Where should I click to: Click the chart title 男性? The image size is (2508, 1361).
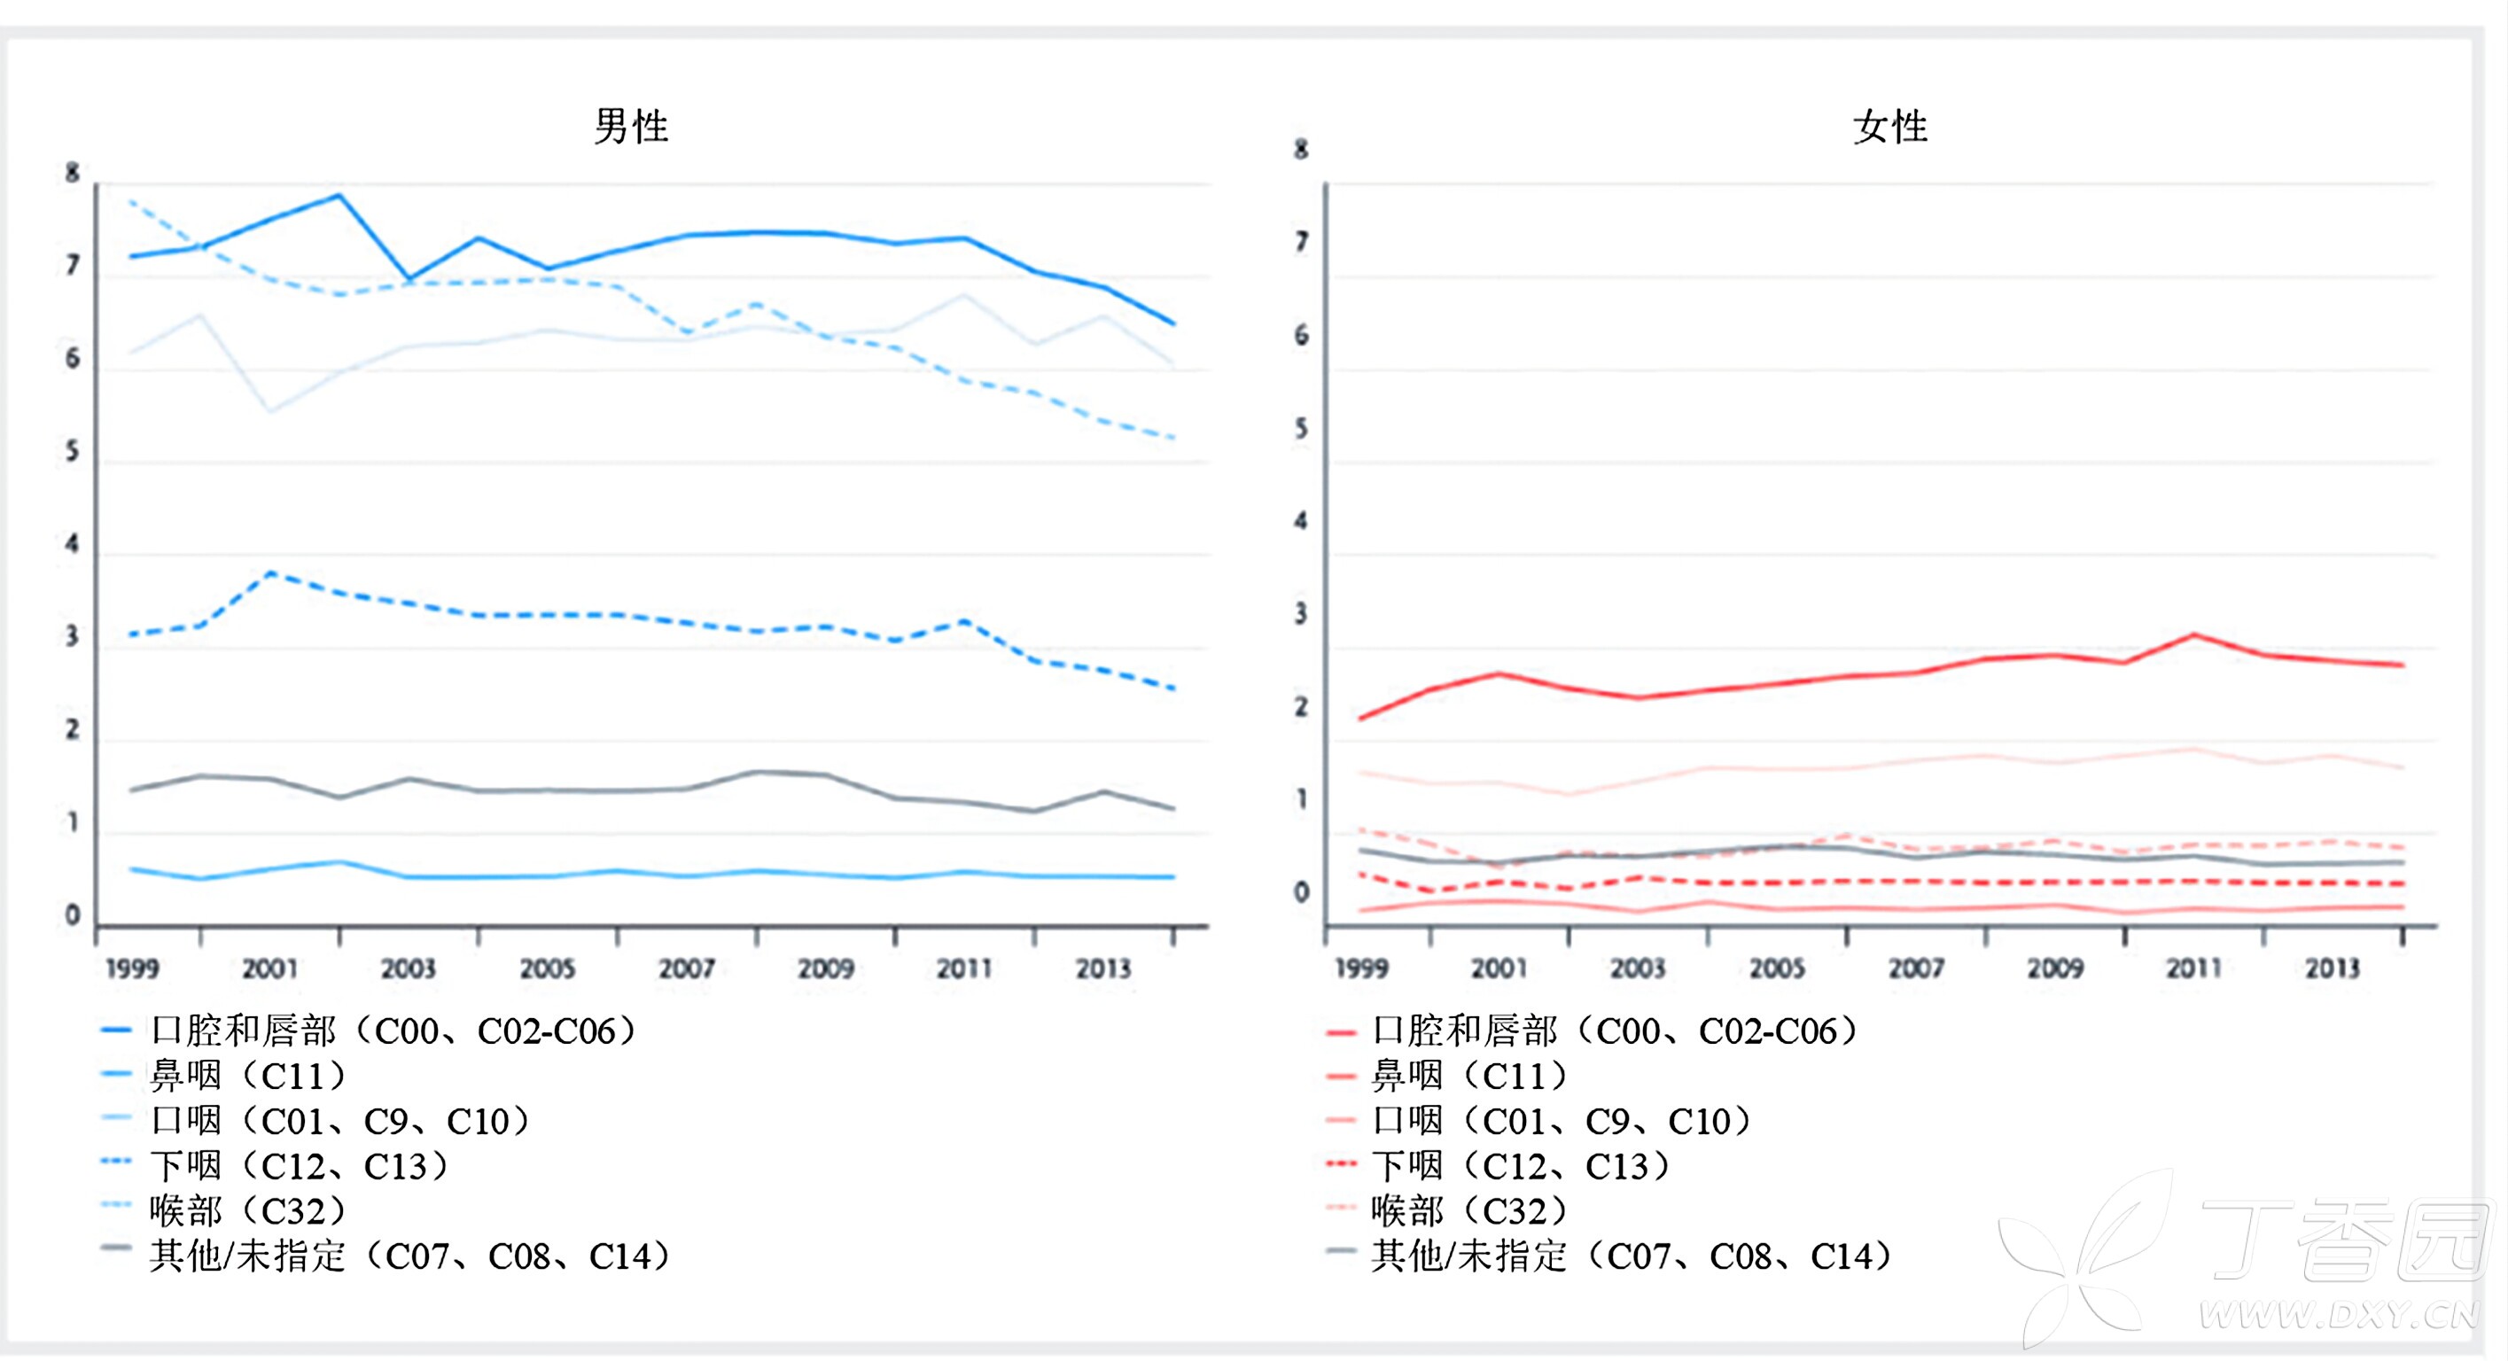(631, 127)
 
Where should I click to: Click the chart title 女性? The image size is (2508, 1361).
(1889, 127)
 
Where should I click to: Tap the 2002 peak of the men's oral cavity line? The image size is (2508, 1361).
(339, 195)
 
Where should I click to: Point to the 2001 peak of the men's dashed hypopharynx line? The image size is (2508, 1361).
(270, 573)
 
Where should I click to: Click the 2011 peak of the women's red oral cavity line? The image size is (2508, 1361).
(2194, 634)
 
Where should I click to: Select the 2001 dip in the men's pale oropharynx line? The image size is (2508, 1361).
(269, 412)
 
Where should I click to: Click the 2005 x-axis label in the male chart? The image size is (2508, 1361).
(547, 968)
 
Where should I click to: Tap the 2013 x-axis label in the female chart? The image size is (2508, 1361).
(2333, 968)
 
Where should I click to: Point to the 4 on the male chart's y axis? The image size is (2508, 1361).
(72, 544)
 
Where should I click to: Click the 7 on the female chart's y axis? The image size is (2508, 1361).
(1302, 241)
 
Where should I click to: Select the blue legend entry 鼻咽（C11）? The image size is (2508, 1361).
(248, 1076)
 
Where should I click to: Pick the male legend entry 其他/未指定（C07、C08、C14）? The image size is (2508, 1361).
(409, 1256)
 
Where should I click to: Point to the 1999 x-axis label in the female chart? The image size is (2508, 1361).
(1361, 968)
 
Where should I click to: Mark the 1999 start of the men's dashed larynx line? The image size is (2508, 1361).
(131, 201)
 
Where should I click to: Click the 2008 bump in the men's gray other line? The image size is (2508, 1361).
(758, 772)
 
